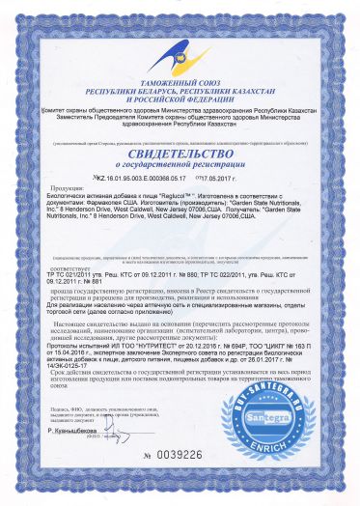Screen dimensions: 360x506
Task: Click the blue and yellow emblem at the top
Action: pyautogui.click(x=179, y=38)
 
